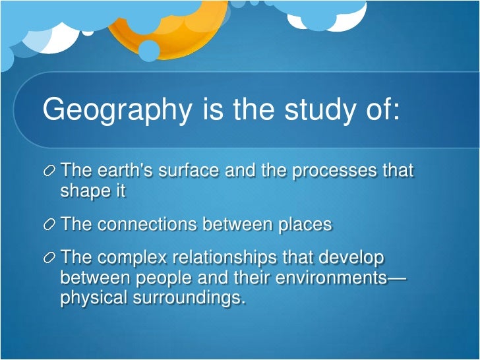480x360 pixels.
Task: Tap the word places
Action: click(x=301, y=224)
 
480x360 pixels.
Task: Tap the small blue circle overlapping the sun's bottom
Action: click(x=149, y=50)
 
